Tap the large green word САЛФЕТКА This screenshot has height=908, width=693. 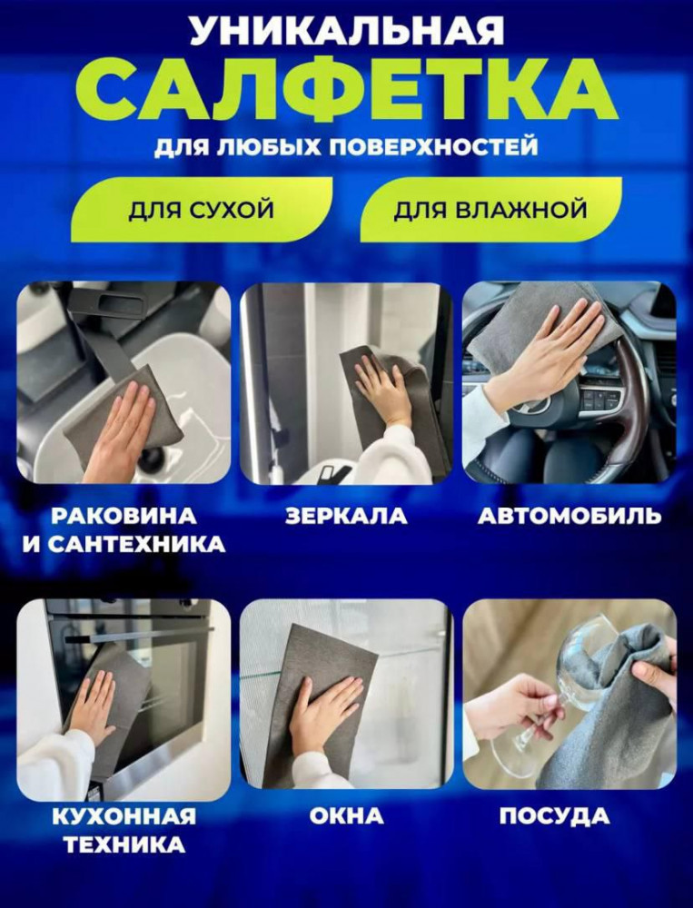coord(347,90)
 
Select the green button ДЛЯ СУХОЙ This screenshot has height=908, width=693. coord(201,210)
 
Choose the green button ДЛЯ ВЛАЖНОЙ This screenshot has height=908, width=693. coord(490,210)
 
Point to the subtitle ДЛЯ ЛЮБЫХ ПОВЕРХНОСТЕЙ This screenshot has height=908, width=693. coord(346,147)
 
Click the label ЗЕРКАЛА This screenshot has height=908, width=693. coord(346,516)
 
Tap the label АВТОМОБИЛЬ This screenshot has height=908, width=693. coord(569,516)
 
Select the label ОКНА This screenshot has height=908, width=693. coord(346,816)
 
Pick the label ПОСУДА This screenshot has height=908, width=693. coord(555,816)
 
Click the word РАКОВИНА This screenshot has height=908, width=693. coord(124,516)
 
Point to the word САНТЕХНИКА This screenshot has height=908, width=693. coord(136,544)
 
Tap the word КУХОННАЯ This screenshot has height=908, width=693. coord(124,816)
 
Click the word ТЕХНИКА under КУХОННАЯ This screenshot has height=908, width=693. coord(124,844)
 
